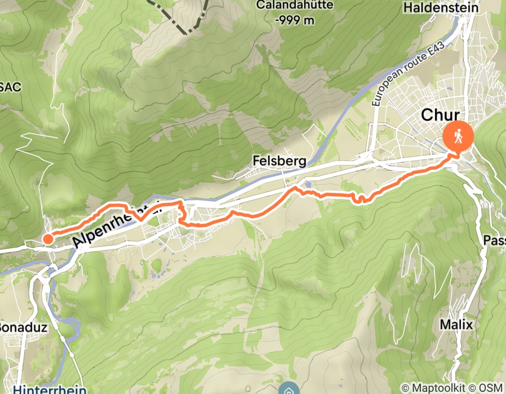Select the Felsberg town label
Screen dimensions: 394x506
point(279,162)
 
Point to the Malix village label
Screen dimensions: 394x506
point(456,325)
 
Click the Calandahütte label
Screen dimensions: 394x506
point(295,5)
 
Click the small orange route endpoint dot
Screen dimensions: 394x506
point(48,239)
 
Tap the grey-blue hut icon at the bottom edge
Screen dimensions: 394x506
point(288,389)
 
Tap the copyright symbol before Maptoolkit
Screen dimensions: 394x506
point(406,388)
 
